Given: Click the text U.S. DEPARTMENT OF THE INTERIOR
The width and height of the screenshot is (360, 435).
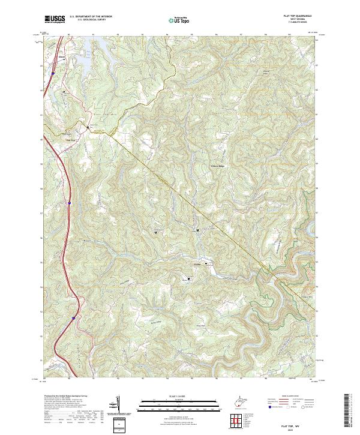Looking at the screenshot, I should [x=90, y=16].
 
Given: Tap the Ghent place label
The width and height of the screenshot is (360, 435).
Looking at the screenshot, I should [x=61, y=58].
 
